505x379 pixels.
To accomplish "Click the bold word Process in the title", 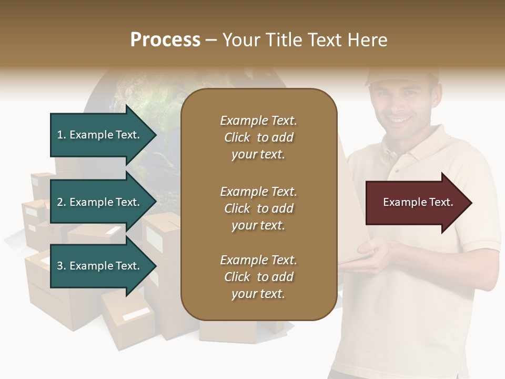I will click(165, 40).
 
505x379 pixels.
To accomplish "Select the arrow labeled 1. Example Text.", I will click(100, 135).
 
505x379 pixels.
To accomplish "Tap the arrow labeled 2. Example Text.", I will click(100, 202).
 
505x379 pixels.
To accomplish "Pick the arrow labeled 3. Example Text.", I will click(100, 266).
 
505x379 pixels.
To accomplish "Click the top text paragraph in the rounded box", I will click(258, 137).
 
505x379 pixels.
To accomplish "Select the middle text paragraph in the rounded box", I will click(258, 208).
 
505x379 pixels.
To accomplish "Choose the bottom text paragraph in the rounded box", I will click(258, 277).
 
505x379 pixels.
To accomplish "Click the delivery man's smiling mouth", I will click(401, 120).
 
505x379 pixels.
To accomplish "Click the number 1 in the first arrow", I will click(60, 135).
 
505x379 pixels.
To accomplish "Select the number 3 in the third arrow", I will click(60, 266).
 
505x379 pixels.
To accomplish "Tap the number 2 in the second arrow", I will click(60, 202).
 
